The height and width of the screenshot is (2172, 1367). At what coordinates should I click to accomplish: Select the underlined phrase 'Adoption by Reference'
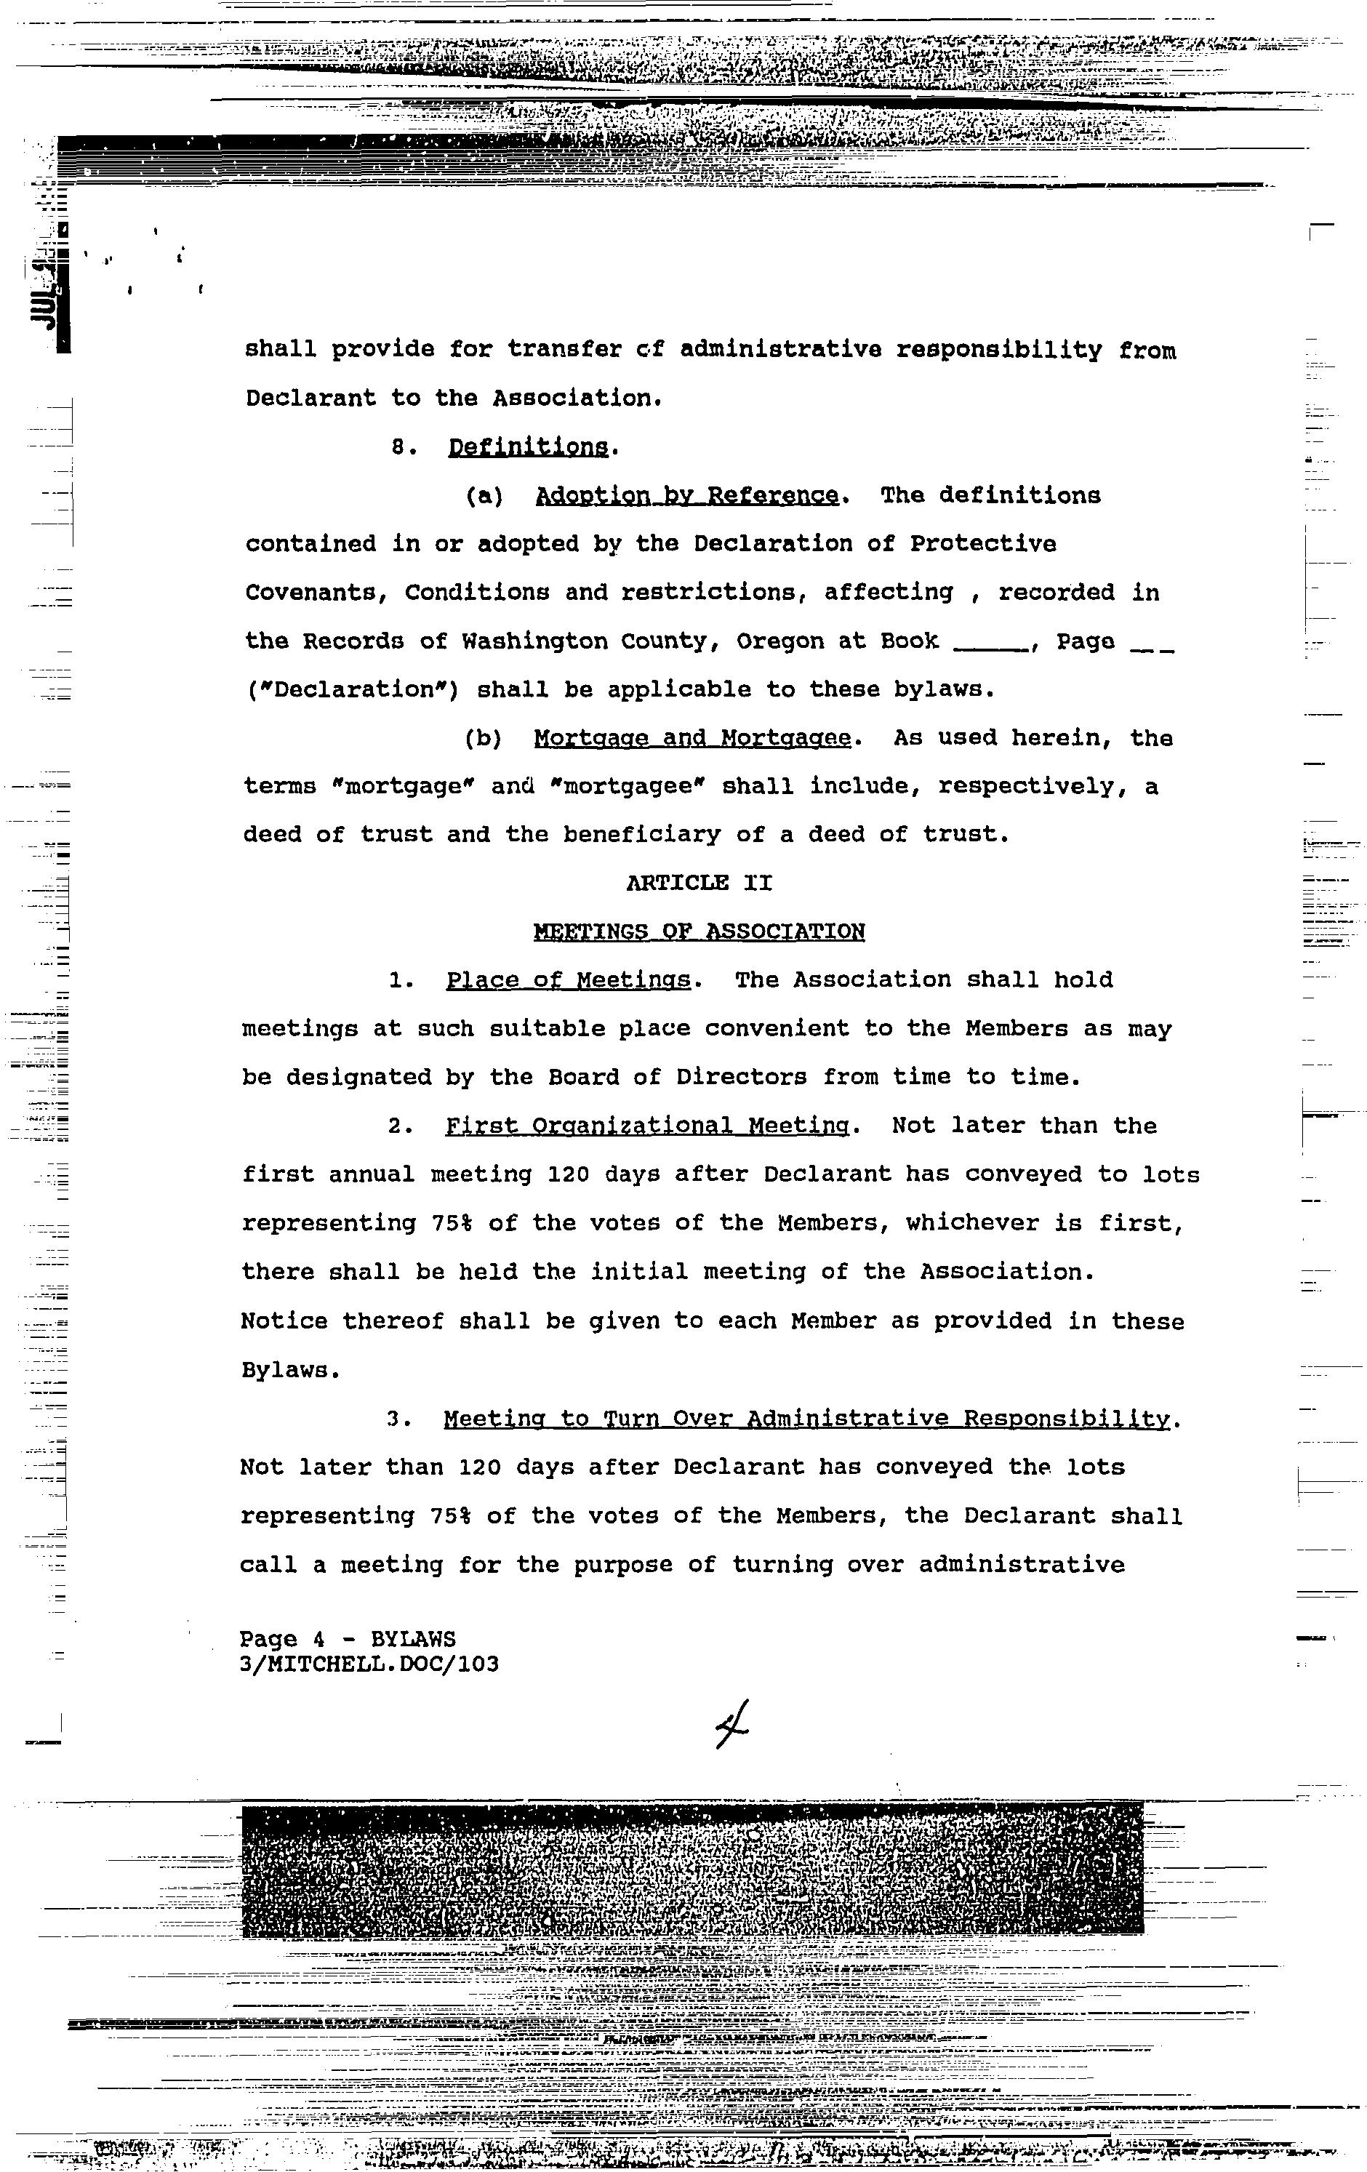click(686, 496)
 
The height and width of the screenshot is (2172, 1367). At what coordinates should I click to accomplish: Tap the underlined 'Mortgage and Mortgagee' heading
click(691, 739)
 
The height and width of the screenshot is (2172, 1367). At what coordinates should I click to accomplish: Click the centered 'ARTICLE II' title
click(699, 883)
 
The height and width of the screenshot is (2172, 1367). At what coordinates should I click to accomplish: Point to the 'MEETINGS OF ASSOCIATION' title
click(699, 931)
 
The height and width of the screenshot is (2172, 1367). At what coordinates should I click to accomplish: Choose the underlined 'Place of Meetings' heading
click(568, 980)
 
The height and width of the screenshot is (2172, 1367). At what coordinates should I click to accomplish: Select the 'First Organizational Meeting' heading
click(646, 1126)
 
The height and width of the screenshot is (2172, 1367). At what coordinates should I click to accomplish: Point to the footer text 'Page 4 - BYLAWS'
click(347, 1639)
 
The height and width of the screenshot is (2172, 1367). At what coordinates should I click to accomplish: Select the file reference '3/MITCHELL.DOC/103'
click(369, 1664)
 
